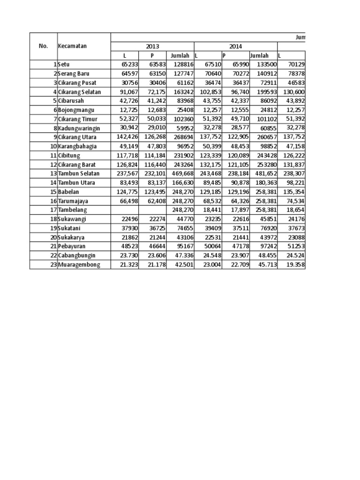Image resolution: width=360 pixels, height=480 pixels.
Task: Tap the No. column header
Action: tap(43, 46)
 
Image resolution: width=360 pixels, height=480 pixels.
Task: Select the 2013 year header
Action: tap(152, 46)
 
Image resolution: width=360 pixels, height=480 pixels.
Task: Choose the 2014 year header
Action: tap(236, 46)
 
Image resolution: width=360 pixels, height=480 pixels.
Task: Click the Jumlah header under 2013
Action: tap(180, 56)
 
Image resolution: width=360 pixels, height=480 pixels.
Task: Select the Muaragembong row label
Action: tap(79, 265)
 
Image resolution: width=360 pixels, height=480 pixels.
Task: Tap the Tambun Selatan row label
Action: tap(79, 173)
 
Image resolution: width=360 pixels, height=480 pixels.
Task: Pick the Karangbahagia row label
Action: tap(77, 146)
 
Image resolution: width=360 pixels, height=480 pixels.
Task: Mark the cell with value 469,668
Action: tap(181, 173)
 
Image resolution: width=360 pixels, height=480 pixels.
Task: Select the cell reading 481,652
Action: tap(264, 173)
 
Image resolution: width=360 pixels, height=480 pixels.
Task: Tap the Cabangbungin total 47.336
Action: tap(181, 255)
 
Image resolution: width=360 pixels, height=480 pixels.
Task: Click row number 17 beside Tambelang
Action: tap(53, 210)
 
